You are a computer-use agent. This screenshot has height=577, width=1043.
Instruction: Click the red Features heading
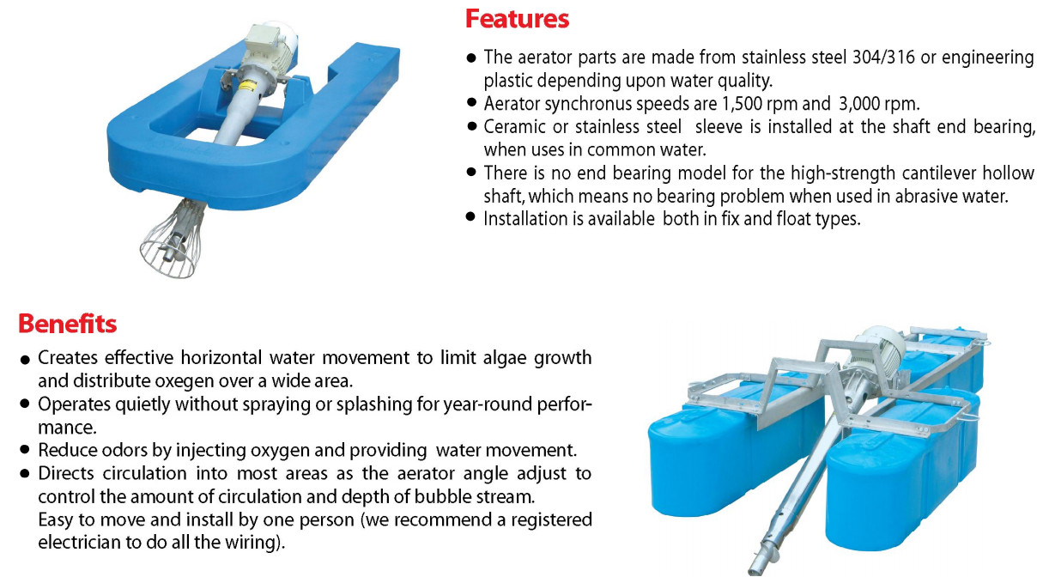(x=517, y=19)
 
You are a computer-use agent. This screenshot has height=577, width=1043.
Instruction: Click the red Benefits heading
(x=68, y=324)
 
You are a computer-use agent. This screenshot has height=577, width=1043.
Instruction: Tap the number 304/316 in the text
(x=883, y=58)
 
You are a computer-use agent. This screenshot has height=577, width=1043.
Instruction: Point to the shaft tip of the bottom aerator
(x=754, y=568)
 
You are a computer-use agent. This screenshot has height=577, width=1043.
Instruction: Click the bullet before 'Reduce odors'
(x=25, y=450)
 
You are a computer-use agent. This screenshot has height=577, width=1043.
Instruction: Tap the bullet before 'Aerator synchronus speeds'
(x=471, y=103)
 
